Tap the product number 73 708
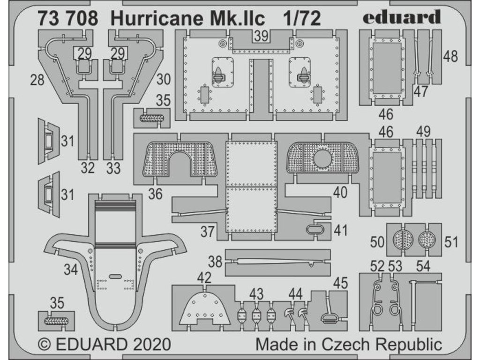68,18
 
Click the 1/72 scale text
302,18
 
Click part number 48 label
450,57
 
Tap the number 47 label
420,91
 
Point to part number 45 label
341,283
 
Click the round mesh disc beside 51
427,240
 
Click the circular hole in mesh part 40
323,159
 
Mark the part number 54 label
422,266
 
